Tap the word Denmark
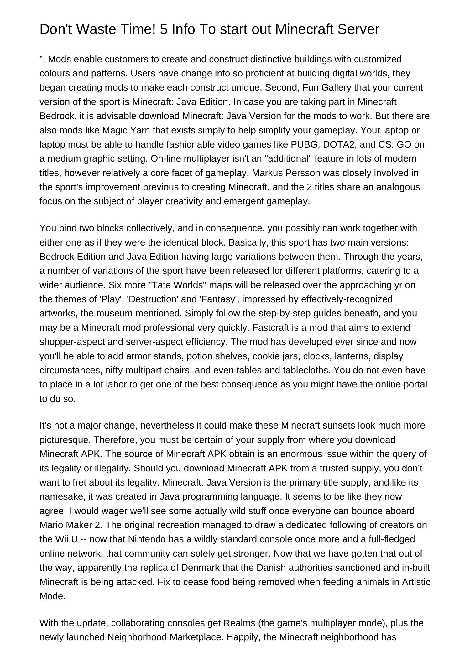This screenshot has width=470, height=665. coord(199,568)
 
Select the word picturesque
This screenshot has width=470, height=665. coord(65,440)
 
